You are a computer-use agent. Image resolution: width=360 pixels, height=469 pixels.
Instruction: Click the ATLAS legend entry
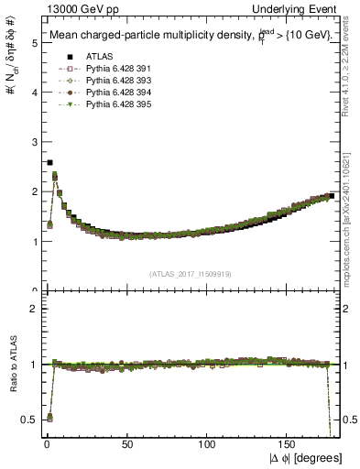pos(75,56)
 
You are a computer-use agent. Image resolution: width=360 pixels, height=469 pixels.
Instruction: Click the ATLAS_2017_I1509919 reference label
pos(189,273)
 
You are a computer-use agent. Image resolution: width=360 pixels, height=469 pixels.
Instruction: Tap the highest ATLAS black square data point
pos(49,162)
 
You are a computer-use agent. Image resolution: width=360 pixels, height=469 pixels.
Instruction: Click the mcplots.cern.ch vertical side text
pos(352,215)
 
